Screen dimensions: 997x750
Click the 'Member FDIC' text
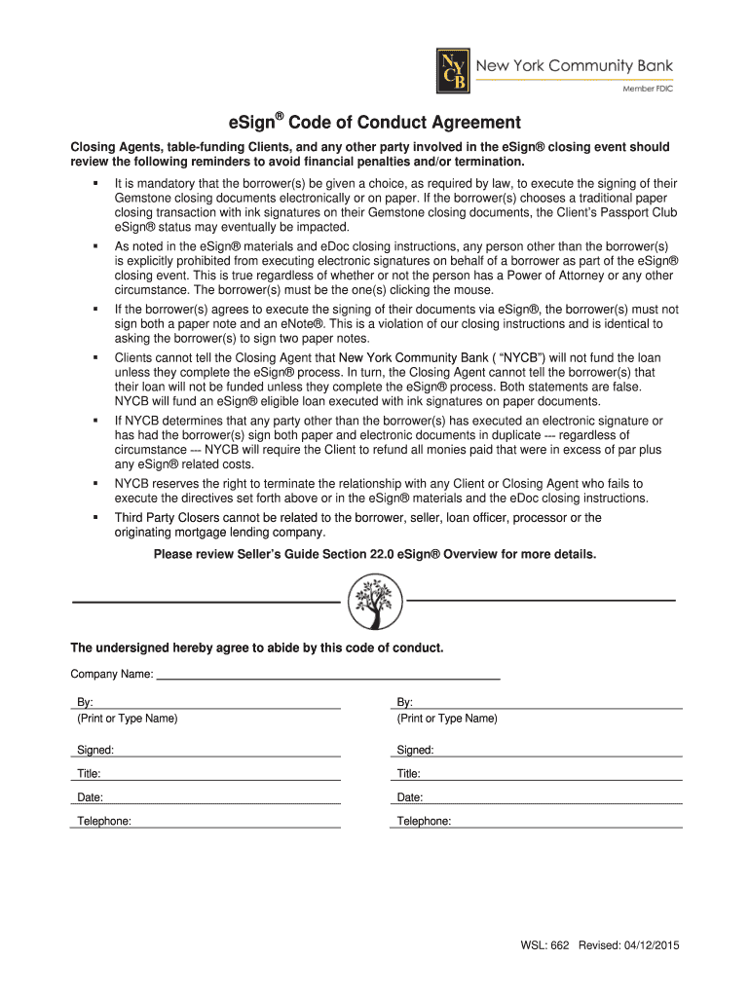(x=648, y=89)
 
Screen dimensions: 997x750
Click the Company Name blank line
(x=328, y=674)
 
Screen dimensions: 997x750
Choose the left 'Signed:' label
(x=95, y=750)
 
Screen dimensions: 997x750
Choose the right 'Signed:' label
(x=415, y=750)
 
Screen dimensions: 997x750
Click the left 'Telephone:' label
(x=104, y=821)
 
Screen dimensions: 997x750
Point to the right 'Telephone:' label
(x=424, y=821)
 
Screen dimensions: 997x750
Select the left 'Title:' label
(x=89, y=774)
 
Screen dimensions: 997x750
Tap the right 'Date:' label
(x=409, y=797)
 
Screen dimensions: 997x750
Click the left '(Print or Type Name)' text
(x=128, y=719)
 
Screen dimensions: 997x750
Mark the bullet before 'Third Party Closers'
(x=96, y=518)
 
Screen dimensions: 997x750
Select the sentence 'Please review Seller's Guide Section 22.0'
(x=375, y=554)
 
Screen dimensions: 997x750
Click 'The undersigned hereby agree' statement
(x=257, y=647)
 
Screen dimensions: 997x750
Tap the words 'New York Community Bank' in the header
(x=574, y=66)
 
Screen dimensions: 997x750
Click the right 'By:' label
(x=405, y=702)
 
